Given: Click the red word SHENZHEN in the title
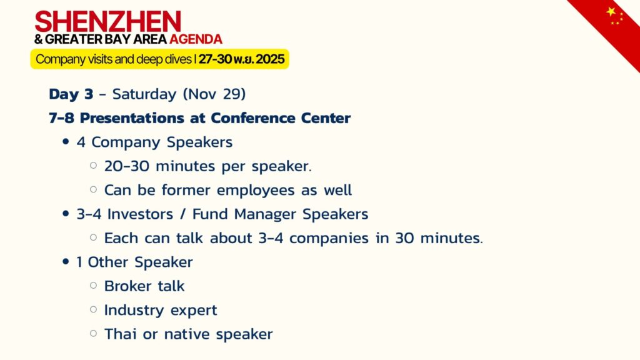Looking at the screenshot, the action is [x=107, y=22].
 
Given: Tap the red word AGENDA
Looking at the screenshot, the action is [x=196, y=39].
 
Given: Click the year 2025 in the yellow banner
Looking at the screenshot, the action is [x=270, y=59].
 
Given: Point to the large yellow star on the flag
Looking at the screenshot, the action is [x=611, y=11].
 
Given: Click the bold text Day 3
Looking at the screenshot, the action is [x=71, y=94].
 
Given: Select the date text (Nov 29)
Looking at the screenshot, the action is [x=214, y=94].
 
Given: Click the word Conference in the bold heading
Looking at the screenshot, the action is [x=253, y=118].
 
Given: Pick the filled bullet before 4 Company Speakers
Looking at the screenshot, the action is [x=66, y=142].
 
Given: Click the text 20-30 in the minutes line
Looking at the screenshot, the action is [x=127, y=166].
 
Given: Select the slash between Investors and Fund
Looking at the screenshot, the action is [x=182, y=214].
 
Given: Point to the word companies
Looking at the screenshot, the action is [x=329, y=238].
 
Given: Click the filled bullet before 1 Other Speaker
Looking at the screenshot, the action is [x=66, y=262].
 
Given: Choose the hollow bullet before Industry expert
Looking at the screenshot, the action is [x=94, y=309].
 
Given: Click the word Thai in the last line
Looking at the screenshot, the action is [x=121, y=334].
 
